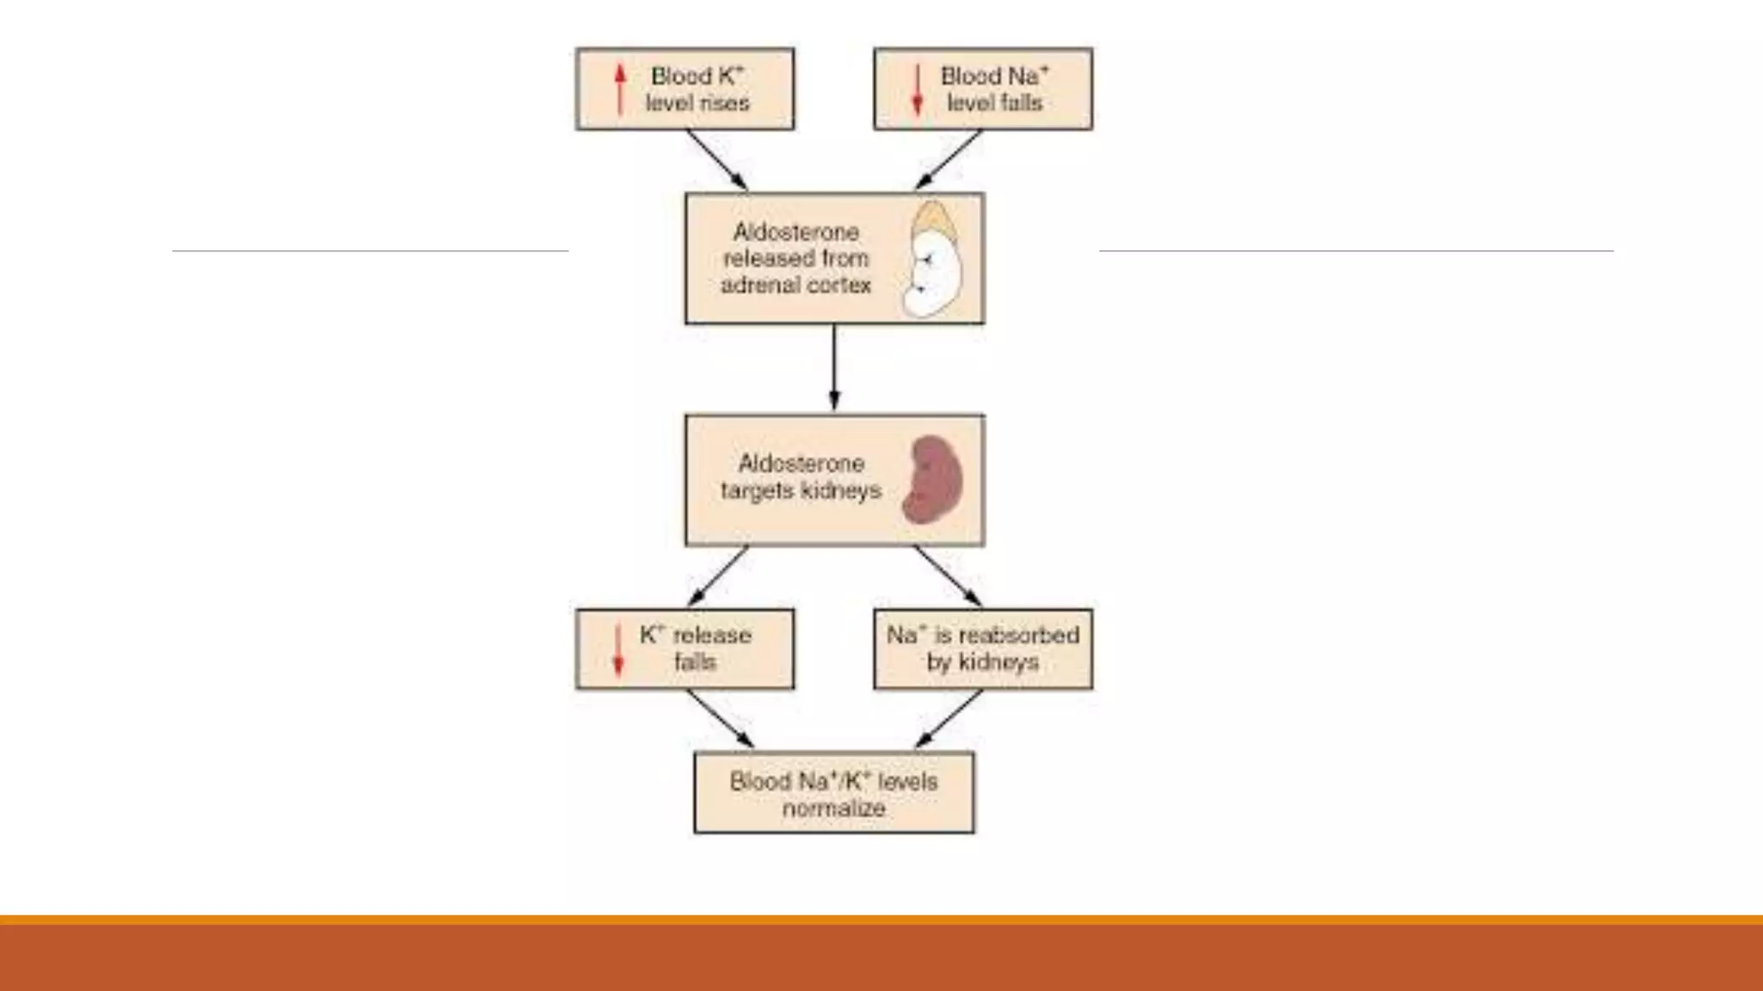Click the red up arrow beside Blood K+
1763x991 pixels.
coord(620,90)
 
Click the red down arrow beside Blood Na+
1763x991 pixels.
coord(918,89)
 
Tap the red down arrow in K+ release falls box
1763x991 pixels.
coord(617,649)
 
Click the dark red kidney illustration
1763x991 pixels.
coord(932,480)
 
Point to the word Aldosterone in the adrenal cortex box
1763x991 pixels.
coord(795,232)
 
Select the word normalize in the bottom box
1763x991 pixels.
coord(833,809)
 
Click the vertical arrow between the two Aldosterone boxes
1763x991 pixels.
coord(833,368)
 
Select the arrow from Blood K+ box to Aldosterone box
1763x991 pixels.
coord(716,160)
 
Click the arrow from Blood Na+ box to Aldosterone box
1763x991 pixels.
coord(949,160)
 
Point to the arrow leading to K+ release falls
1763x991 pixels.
coord(717,576)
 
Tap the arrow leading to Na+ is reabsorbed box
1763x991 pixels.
coord(948,576)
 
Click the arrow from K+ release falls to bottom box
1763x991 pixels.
coord(720,719)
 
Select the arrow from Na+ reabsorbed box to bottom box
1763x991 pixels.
coord(950,719)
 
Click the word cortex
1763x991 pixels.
coord(839,286)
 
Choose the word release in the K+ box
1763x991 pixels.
coord(712,636)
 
